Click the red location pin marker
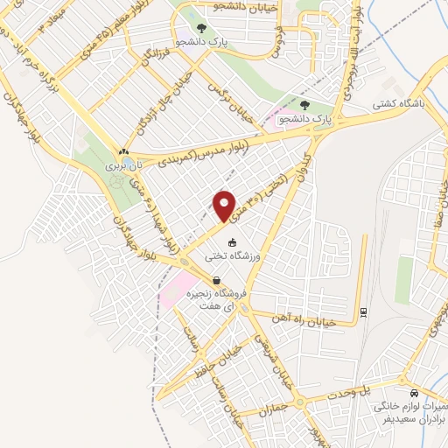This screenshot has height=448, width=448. click(225, 205)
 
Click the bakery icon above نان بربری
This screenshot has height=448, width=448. click(123, 151)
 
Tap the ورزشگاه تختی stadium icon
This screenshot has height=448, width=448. click(231, 243)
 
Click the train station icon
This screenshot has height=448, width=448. click(362, 312)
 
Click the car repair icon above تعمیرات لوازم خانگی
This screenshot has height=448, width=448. click(413, 393)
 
